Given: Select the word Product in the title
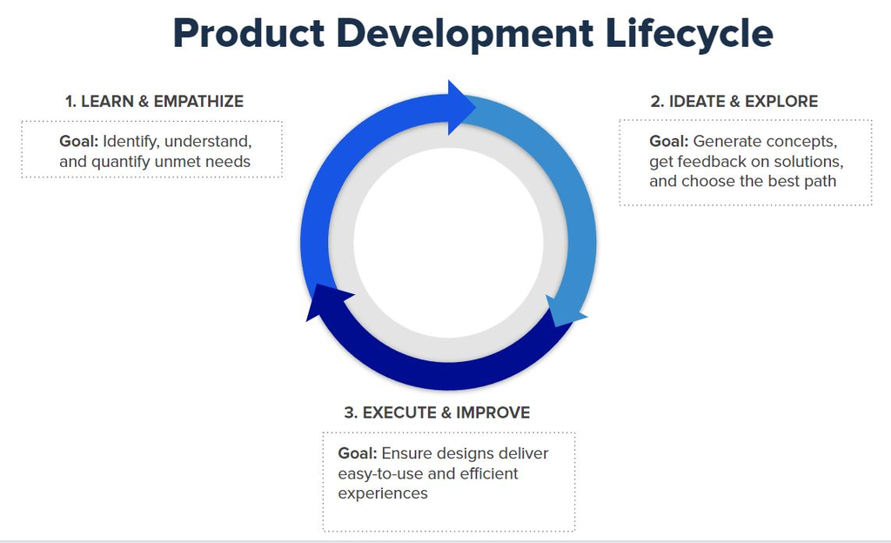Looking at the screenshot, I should tap(247, 33).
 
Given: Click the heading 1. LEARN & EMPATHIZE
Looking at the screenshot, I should tap(154, 102).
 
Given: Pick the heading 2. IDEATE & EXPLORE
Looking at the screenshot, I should tap(734, 102).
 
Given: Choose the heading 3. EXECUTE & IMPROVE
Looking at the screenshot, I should tap(437, 412).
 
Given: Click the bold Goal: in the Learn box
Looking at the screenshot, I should tap(79, 141).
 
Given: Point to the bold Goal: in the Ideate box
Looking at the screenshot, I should tap(669, 141).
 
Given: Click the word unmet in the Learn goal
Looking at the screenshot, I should tap(178, 162).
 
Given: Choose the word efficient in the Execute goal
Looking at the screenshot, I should tap(487, 474).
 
